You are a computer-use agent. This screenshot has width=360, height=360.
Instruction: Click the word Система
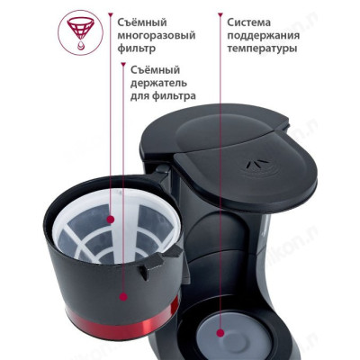click(251, 20)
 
